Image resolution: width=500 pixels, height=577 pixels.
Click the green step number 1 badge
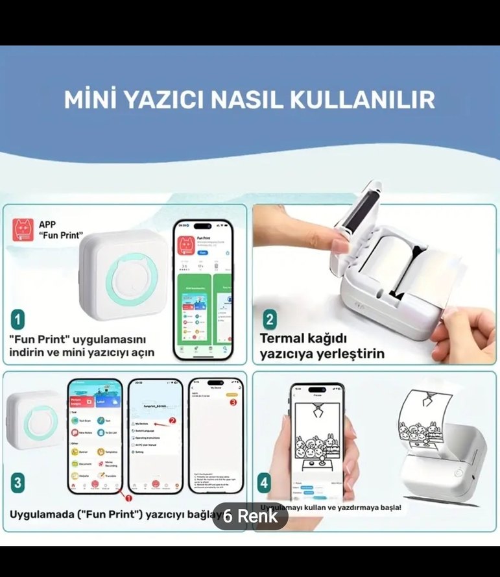point(19,319)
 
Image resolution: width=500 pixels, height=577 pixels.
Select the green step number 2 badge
point(270,320)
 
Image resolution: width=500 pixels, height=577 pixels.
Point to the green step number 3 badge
point(19,483)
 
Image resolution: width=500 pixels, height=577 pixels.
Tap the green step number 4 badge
point(264,484)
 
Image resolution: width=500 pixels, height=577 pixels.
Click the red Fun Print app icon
point(23,230)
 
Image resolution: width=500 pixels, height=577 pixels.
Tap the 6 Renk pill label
point(250,517)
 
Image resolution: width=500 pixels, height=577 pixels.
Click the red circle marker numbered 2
point(173,420)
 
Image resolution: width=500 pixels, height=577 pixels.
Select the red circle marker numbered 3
point(233,402)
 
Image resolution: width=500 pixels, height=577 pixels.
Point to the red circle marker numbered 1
point(128,498)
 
